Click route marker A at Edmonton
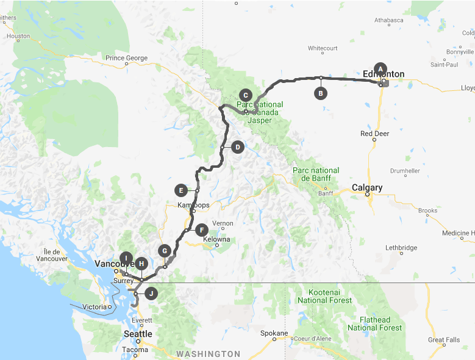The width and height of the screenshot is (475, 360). coord(380,68)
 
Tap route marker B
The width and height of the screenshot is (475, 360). coord(320,93)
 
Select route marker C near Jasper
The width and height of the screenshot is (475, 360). coord(245,95)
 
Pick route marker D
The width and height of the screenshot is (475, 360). coord(237,146)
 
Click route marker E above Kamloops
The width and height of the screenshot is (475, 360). coord(180,190)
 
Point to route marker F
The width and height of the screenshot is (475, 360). coord(201,230)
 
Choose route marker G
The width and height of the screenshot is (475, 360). coord(163,250)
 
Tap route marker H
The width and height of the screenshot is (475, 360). coord(141,264)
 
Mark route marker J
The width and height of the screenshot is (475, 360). coord(151,293)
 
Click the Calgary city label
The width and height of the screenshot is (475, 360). coord(367,187)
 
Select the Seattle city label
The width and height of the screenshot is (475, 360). coord(138,334)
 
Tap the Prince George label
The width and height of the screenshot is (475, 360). coord(126,58)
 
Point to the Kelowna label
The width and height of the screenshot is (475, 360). coord(216,239)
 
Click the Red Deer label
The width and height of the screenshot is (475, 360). coord(374,133)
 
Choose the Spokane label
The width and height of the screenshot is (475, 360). coord(273,333)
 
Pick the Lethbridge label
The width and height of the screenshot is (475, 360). coord(401,248)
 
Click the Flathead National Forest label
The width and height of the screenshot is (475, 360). coord(374,323)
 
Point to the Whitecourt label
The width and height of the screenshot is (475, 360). coord(323,48)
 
